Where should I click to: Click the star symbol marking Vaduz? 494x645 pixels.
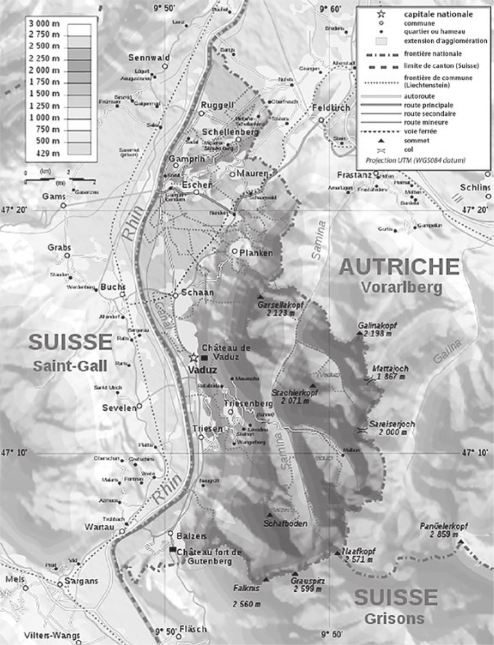point(194,357)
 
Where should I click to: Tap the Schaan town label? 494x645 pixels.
point(197,292)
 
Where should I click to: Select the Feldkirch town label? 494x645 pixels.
point(331,108)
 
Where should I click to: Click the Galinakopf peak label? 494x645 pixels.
point(377,326)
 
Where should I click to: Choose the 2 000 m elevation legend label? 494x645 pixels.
point(44,70)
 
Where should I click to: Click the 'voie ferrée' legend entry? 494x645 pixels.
point(420,131)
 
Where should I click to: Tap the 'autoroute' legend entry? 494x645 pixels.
point(419,96)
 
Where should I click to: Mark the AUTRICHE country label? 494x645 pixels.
point(399,267)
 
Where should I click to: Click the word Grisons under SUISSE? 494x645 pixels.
point(394,618)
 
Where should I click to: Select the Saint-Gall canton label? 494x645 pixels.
point(70,366)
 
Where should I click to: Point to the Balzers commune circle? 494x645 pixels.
point(171,533)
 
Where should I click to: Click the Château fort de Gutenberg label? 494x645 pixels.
point(209,557)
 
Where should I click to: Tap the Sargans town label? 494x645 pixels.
point(81,581)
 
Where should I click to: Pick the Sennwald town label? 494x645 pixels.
point(149,58)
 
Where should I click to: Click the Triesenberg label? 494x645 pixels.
point(248,404)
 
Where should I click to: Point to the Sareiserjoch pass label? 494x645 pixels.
point(392,424)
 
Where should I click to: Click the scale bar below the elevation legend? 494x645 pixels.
point(54,179)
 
